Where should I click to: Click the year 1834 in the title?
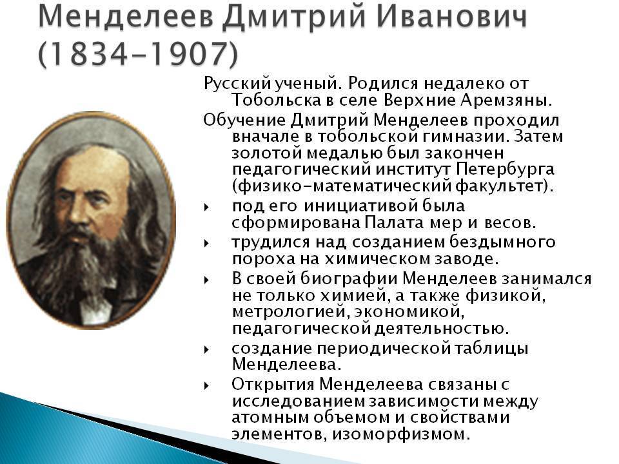pos(89,53)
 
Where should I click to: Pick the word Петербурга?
pos(505,169)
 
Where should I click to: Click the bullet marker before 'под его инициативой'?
pos(206,207)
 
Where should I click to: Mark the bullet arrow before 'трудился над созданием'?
pos(206,243)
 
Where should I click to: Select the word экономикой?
pos(409,312)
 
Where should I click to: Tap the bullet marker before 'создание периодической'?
pos(206,349)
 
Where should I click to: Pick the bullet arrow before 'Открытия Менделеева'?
pos(206,385)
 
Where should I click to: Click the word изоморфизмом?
pos(401,434)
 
